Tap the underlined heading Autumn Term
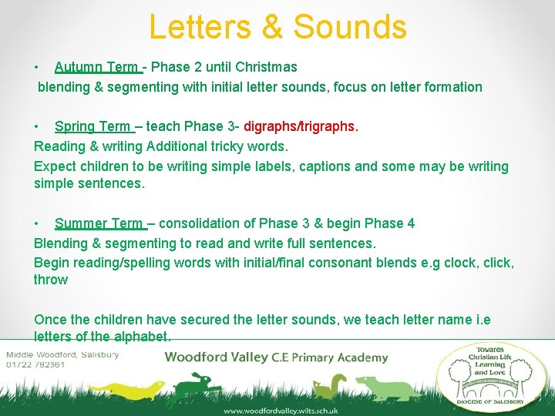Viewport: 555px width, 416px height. pyautogui.click(x=96, y=67)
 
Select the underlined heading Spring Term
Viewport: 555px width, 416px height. pyautogui.click(x=92, y=126)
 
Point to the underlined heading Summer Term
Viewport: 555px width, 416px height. pyautogui.click(x=99, y=223)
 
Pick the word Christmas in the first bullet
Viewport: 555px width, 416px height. pyautogui.click(x=267, y=67)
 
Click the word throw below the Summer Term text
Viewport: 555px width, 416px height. pyautogui.click(x=51, y=280)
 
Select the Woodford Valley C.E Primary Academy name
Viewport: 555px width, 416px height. pyautogui.click(x=276, y=357)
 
